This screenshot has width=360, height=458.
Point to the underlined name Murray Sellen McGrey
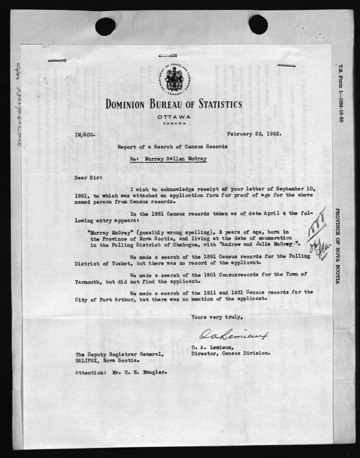172,157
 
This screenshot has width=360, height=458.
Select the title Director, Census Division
230,354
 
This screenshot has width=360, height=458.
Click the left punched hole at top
105,26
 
